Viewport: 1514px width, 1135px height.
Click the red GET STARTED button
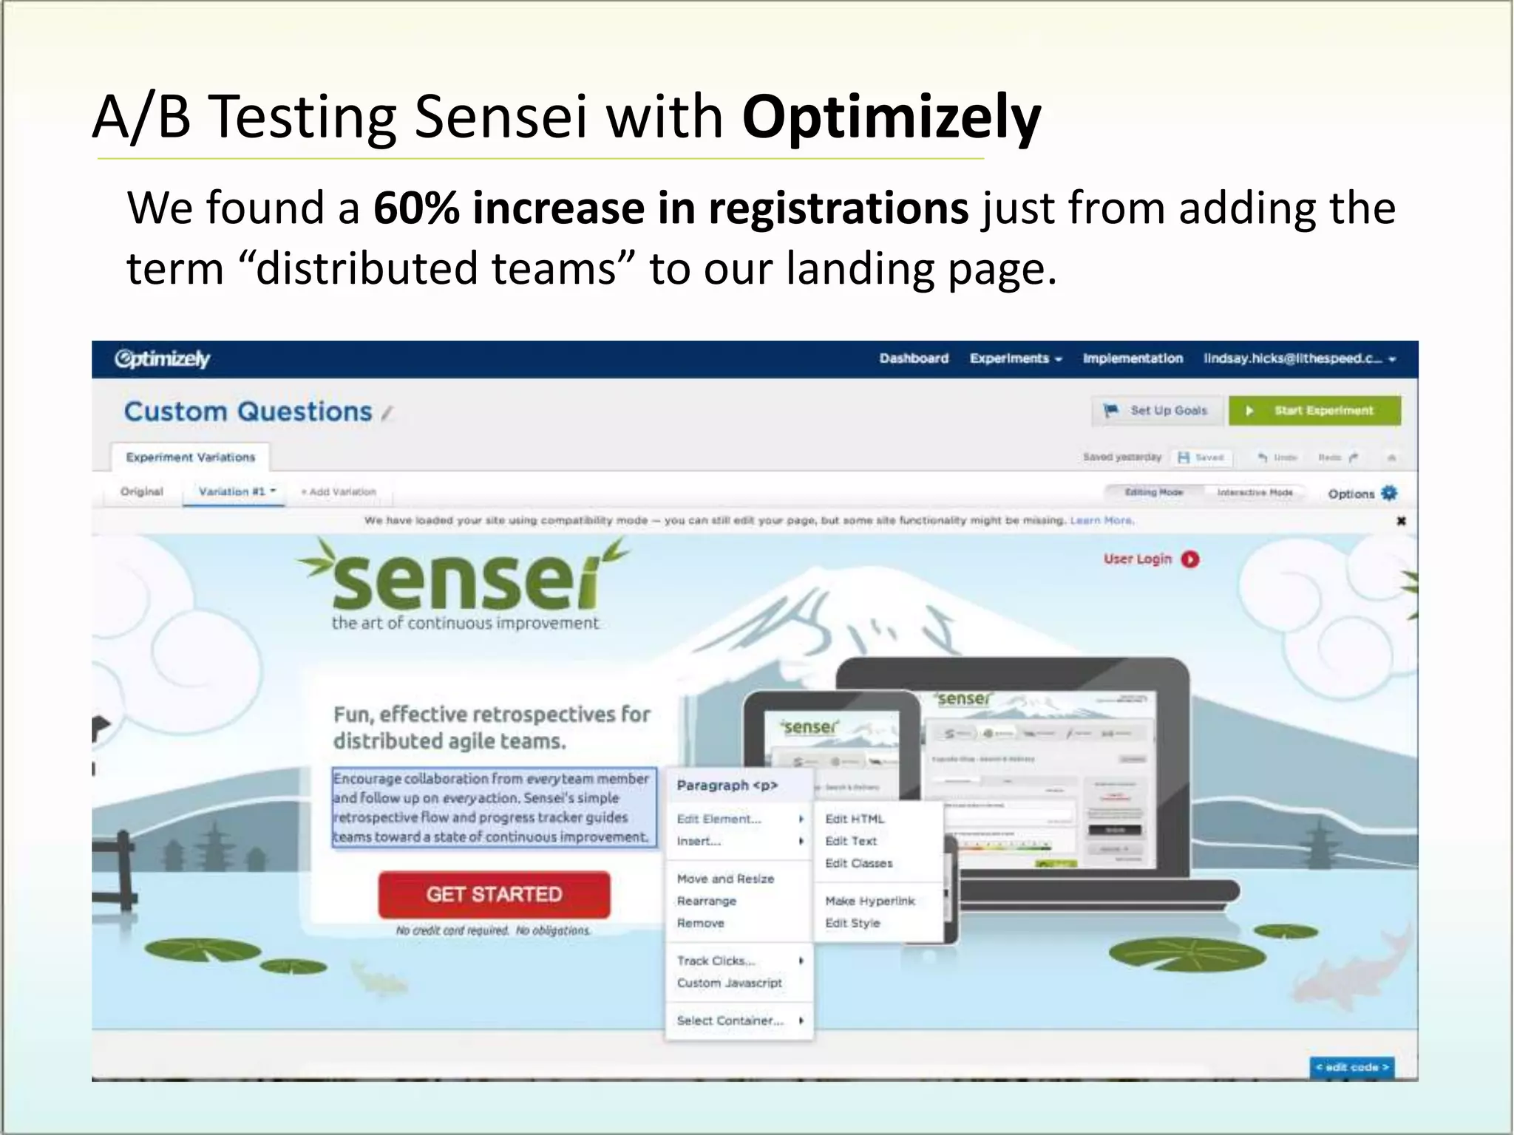point(494,894)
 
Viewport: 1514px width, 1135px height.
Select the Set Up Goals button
point(1158,411)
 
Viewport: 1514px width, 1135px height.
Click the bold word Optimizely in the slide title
point(891,117)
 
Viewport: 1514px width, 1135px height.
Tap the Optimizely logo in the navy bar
point(163,359)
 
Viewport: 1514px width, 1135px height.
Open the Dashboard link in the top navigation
point(914,358)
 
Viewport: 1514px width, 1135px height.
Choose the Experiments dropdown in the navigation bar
point(1015,358)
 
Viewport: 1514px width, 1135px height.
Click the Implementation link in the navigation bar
point(1133,358)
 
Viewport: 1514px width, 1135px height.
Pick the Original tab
point(142,491)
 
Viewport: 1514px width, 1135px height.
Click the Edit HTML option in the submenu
point(855,819)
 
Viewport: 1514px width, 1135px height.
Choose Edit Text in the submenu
point(851,841)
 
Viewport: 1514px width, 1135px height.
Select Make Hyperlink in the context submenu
point(870,901)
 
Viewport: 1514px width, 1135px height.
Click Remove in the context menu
point(701,923)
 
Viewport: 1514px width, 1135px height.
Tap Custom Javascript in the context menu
point(730,983)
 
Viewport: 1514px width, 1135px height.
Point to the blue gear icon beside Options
point(1389,493)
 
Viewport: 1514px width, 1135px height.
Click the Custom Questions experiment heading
point(248,412)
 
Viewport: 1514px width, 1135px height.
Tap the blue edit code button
point(1351,1067)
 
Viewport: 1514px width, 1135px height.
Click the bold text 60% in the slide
point(416,208)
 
